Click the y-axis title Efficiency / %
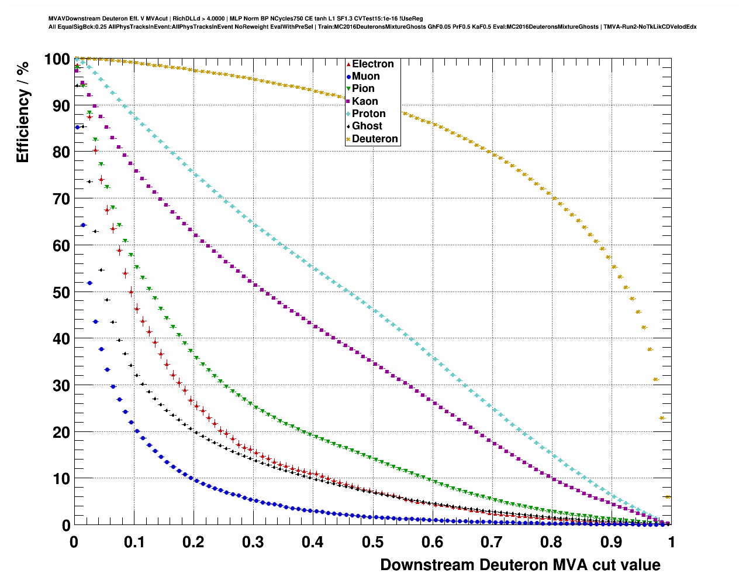(x=23, y=112)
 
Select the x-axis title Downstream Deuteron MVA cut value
(x=520, y=565)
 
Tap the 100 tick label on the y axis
(x=57, y=59)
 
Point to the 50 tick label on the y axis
(x=61, y=292)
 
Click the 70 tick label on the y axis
(x=61, y=199)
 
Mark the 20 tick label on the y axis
(x=61, y=432)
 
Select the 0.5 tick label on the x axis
(x=372, y=542)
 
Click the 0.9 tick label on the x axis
(x=612, y=542)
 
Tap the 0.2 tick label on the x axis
(x=194, y=542)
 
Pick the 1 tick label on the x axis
(x=671, y=542)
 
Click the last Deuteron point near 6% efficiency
(x=668, y=497)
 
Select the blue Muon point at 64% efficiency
(x=83, y=225)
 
